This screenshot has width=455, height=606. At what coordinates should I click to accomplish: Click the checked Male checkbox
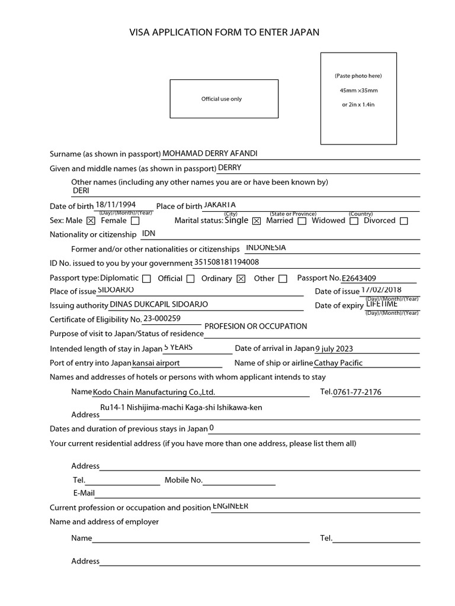[91, 221]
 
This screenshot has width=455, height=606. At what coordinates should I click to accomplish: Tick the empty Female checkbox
[135, 221]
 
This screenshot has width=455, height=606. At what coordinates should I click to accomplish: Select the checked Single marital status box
[257, 221]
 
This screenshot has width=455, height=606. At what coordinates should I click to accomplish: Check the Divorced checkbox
[404, 221]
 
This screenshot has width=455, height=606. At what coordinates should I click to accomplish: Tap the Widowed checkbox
[354, 221]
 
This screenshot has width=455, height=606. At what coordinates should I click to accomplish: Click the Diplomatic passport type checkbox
[147, 279]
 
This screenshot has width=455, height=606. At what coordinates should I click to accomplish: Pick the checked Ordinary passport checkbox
[241, 279]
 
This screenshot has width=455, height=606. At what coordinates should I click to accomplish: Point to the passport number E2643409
[359, 278]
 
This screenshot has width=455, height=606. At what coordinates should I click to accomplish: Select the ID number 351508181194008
[226, 262]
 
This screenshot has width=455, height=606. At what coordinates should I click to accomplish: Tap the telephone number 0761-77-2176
[357, 392]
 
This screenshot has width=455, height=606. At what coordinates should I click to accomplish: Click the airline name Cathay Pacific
[338, 363]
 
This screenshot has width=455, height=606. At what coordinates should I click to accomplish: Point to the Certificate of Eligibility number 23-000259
[162, 318]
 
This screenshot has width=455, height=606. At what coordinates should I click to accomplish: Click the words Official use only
[222, 99]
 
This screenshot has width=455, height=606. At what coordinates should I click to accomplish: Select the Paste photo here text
[358, 76]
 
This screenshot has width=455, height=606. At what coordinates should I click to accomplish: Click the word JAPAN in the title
[303, 33]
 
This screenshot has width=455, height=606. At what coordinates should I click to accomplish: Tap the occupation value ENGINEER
[230, 507]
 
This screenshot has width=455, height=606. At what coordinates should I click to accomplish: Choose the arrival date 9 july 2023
[334, 349]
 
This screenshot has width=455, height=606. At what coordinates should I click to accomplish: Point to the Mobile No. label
[184, 480]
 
